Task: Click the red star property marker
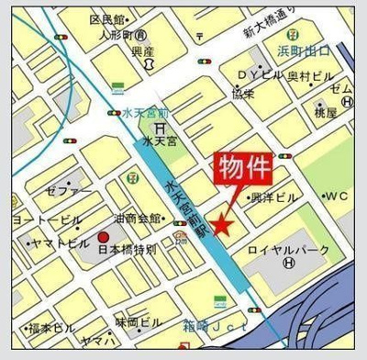point(220,223)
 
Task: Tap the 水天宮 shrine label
point(161,144)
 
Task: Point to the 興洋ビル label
point(273,198)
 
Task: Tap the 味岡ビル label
point(139,322)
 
